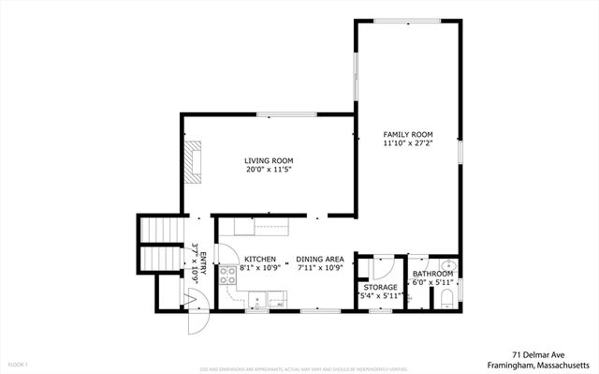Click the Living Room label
pos(270,161)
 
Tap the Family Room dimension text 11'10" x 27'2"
pos(408,144)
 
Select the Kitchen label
pos(259,259)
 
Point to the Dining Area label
pos(321,259)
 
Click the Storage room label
pos(381,287)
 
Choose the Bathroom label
pos(432,274)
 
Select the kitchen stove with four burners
pos(228,275)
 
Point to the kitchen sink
pos(275,300)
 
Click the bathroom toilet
pos(446,299)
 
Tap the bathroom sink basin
pos(447,264)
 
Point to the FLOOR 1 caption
pos(18,364)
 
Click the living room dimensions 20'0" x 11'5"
pos(270,171)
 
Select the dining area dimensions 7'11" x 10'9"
pos(321,268)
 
